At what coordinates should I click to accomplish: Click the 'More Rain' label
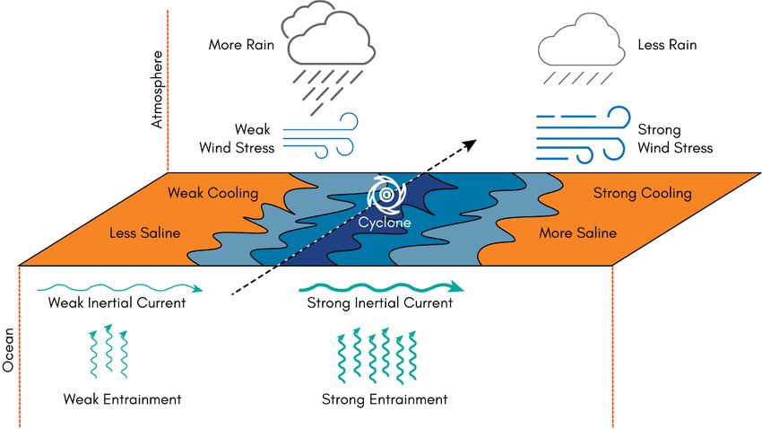tap(239, 44)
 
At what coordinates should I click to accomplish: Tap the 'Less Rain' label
tap(666, 44)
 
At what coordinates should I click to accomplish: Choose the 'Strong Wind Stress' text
tap(675, 139)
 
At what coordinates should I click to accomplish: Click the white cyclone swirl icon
tap(385, 192)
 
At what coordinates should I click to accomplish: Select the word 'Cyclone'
tap(386, 221)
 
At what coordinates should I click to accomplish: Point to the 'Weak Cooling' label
tap(213, 194)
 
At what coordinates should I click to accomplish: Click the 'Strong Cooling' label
tap(642, 193)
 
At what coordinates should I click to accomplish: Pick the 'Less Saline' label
tap(144, 233)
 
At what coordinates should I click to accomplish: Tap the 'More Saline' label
tap(577, 233)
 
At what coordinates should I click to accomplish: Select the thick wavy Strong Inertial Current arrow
tap(381, 286)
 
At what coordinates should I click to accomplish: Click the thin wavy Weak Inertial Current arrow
tap(121, 288)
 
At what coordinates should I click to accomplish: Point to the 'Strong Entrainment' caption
tap(384, 399)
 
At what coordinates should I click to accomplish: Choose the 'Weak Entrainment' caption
tap(123, 398)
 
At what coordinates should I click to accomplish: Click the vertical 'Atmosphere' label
tap(158, 91)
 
